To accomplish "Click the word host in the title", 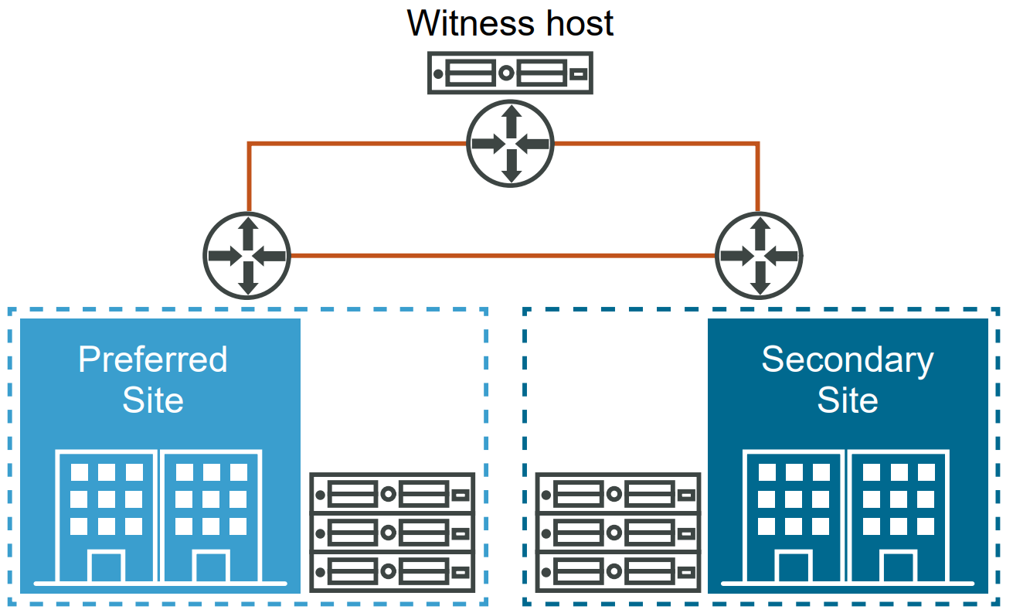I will pos(576,23).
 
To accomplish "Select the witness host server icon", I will pos(510,73).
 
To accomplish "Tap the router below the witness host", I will pos(511,143).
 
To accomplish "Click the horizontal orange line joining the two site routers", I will pos(502,255).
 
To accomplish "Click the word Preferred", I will pos(153,360).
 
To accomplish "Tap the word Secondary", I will pos(848,360).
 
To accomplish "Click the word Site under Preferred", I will pos(153,400).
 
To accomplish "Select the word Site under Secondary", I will pos(848,400).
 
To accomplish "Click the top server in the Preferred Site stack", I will pos(392,493).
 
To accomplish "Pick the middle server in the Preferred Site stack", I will pos(392,533).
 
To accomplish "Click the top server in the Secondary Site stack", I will pos(618,493).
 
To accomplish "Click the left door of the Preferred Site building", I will pos(107,567).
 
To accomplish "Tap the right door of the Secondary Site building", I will pos(899,567).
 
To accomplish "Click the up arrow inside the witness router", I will pos(511,120).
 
